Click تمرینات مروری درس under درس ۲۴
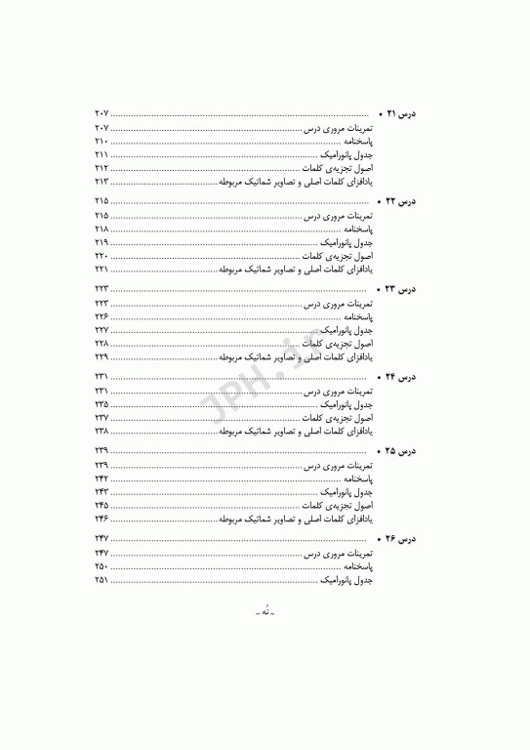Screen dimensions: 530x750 click(x=341, y=391)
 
